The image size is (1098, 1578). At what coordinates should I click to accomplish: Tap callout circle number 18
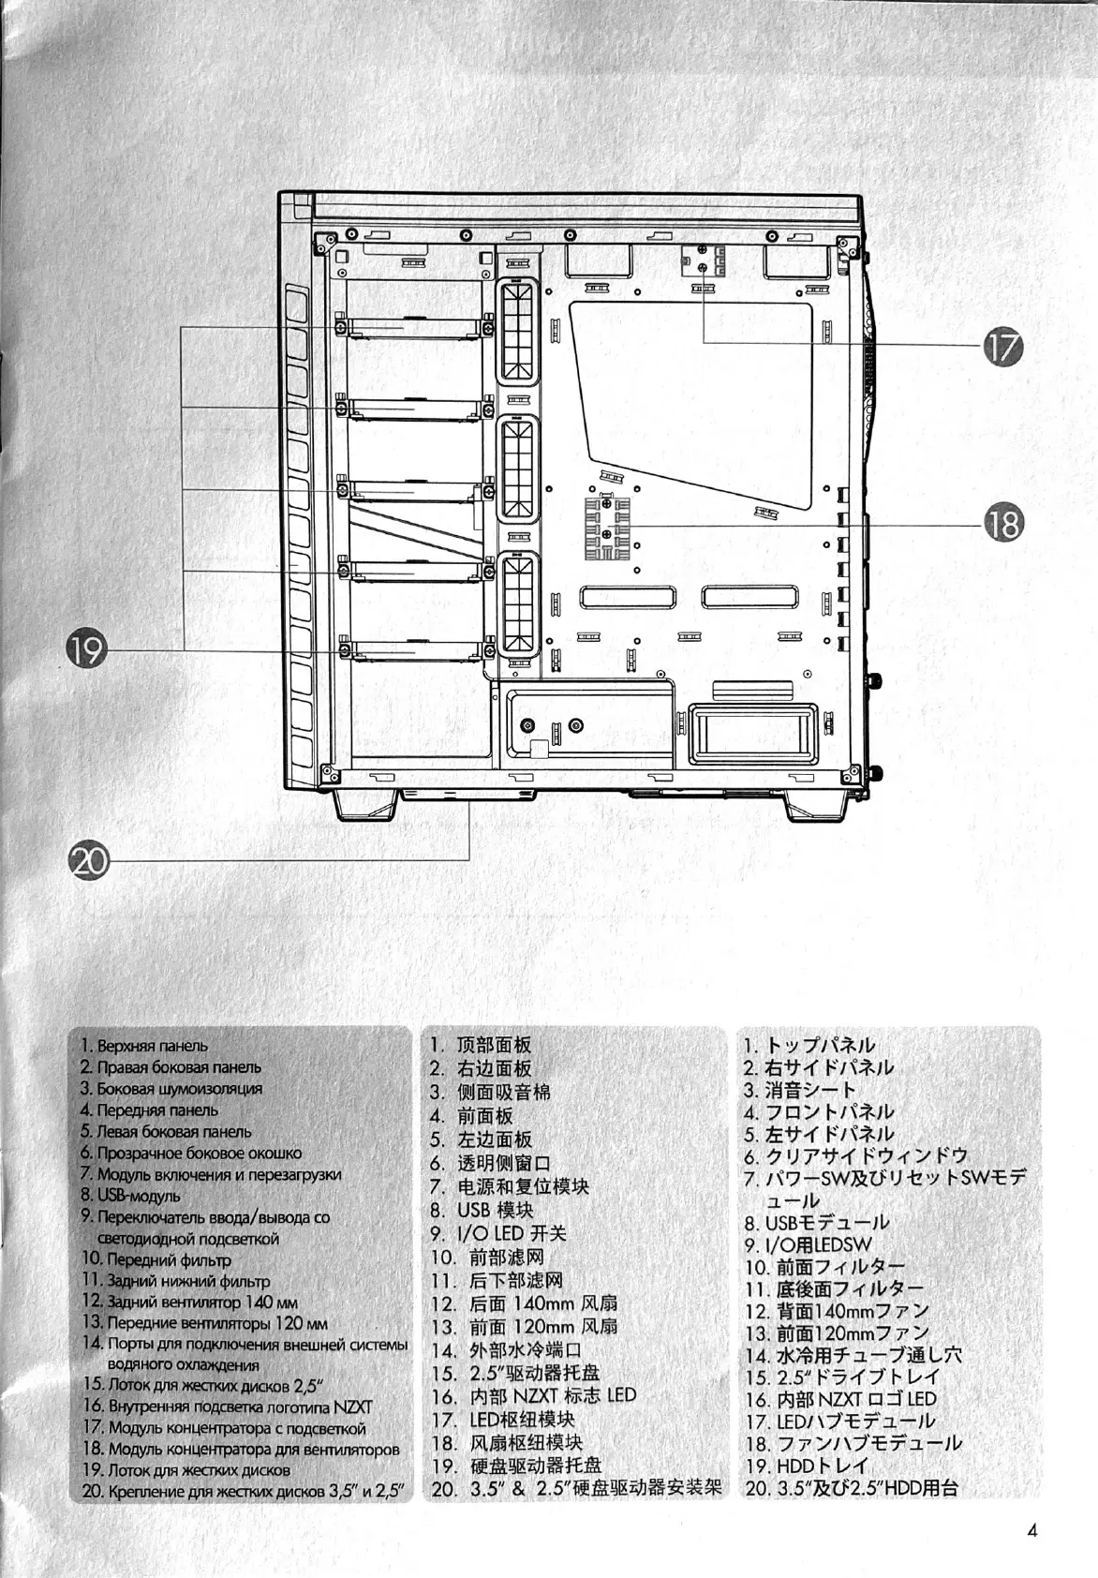click(1002, 523)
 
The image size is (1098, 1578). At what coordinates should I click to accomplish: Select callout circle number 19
click(87, 649)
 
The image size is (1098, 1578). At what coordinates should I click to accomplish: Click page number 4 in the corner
click(1031, 1532)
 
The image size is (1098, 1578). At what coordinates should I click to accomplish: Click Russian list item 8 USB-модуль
click(131, 1196)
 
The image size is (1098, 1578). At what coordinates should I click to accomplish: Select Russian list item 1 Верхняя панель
click(144, 1046)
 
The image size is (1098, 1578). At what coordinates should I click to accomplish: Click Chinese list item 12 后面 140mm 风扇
click(526, 1303)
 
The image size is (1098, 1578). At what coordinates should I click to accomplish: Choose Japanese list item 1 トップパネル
click(811, 1046)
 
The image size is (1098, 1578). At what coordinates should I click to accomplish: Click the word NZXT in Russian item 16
click(353, 1407)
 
